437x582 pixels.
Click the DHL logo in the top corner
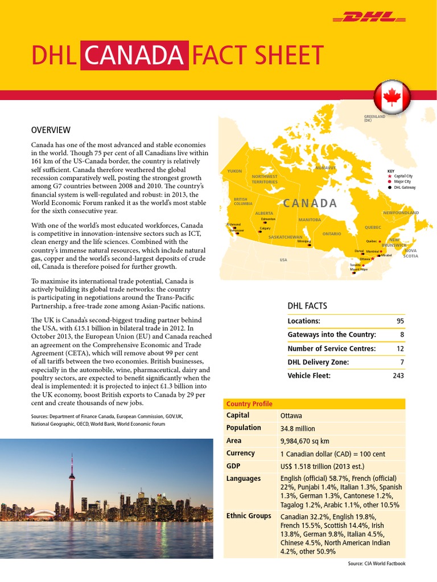[367, 19]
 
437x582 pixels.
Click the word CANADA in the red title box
[135, 56]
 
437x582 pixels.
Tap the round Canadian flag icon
[391, 97]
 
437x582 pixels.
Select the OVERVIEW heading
[51, 130]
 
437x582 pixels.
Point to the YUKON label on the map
[234, 171]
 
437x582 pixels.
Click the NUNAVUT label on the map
[326, 168]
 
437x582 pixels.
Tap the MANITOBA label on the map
[310, 219]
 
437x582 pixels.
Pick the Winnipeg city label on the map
[304, 241]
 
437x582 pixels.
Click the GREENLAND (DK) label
[374, 118]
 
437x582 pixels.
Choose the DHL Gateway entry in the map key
[404, 187]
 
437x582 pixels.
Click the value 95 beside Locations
[399, 321]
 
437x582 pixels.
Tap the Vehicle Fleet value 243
[397, 376]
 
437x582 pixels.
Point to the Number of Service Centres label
[331, 348]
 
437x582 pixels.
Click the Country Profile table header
[249, 404]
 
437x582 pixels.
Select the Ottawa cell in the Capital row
[291, 416]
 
